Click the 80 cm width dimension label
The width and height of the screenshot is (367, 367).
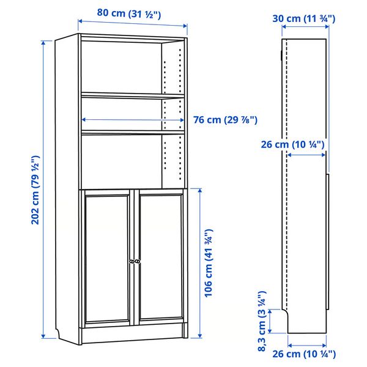click(x=129, y=13)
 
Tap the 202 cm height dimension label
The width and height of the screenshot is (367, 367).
click(x=35, y=190)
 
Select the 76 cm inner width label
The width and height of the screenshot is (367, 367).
click(x=225, y=120)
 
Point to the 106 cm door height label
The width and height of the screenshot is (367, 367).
click(x=209, y=263)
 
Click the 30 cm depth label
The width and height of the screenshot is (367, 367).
click(x=304, y=18)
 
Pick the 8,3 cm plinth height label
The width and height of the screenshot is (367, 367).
click(x=262, y=321)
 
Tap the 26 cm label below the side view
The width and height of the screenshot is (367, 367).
click(x=304, y=354)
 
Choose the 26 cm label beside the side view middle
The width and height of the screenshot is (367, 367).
click(x=292, y=144)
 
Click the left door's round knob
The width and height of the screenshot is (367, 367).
click(x=132, y=261)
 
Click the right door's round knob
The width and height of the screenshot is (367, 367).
click(x=137, y=261)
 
